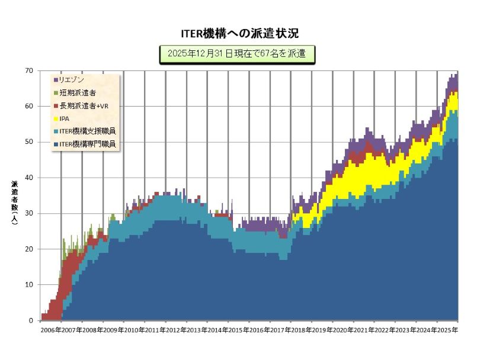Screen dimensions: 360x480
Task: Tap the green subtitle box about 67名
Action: coord(236,54)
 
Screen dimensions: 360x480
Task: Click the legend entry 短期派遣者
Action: coord(78,92)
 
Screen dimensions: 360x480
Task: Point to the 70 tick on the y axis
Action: coord(29,70)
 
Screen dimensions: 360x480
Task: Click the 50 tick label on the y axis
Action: coord(29,142)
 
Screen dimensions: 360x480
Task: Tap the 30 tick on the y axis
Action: coord(29,214)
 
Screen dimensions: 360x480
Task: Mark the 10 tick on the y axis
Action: coord(29,285)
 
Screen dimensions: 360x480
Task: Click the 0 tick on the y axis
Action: coord(31,321)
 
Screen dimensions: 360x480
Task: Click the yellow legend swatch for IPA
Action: coord(56,118)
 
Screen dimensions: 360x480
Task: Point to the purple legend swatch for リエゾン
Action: coord(56,79)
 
